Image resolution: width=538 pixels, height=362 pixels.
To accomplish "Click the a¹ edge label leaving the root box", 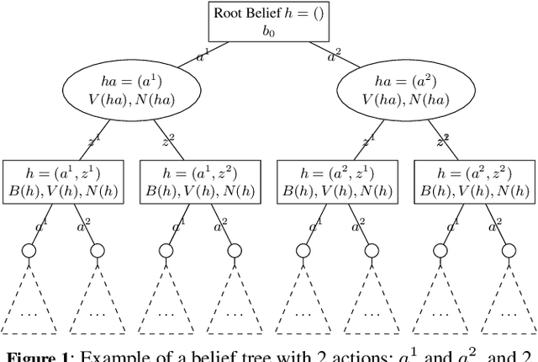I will pyautogui.click(x=203, y=57).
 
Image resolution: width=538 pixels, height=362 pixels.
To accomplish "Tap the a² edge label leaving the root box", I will pyautogui.click(x=334, y=57).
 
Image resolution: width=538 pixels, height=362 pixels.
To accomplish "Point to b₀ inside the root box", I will pyautogui.click(x=268, y=31).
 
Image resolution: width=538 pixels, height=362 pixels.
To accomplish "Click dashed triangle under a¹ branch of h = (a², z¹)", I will pyautogui.click(x=304, y=311).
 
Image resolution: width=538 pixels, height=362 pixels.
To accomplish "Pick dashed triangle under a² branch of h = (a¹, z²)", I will pyautogui.click(x=235, y=311).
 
